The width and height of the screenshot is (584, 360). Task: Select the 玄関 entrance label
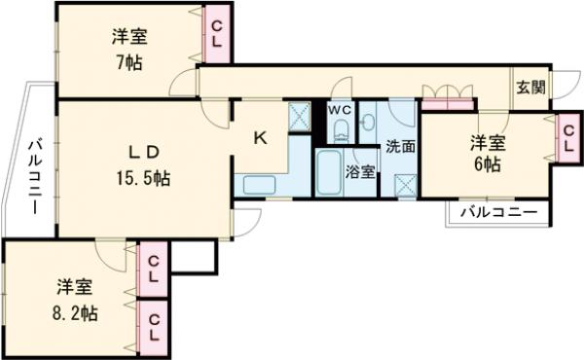tap(530, 88)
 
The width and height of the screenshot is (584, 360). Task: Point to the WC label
tap(339, 110)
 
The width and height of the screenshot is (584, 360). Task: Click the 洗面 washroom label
tap(399, 148)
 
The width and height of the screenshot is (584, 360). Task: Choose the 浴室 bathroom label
tap(361, 172)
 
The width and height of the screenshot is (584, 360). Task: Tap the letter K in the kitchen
tap(260, 137)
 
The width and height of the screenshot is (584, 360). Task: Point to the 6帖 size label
tap(488, 164)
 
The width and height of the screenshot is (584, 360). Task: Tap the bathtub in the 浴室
tap(329, 174)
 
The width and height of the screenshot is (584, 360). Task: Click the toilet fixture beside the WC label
tap(366, 122)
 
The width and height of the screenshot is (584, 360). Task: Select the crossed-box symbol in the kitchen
tap(300, 118)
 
